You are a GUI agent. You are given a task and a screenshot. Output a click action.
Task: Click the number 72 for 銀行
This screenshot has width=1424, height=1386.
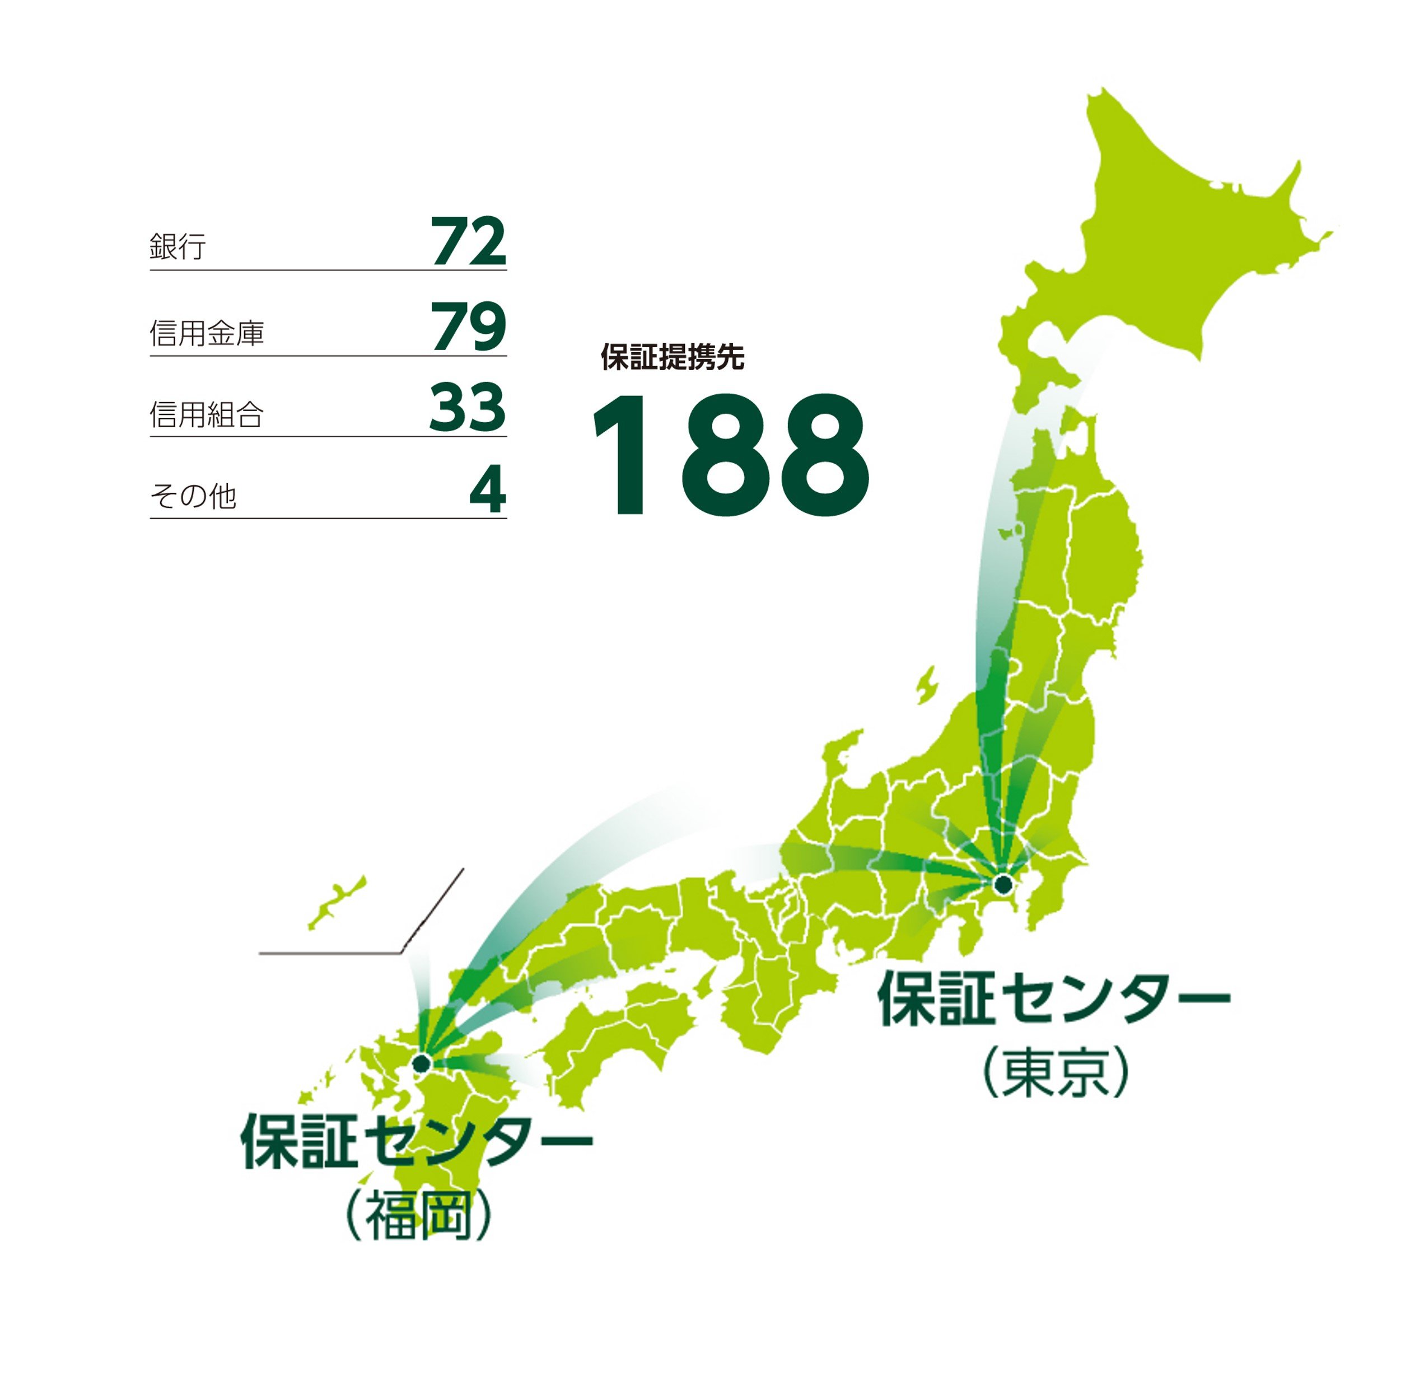(468, 242)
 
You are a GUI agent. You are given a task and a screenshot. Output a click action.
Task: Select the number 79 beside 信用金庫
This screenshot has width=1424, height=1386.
(468, 327)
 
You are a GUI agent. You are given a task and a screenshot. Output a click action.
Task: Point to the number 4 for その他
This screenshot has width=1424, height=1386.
(487, 491)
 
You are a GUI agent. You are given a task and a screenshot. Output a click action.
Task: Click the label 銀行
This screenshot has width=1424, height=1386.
(178, 247)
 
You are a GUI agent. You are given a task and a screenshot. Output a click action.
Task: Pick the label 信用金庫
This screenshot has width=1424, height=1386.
(207, 333)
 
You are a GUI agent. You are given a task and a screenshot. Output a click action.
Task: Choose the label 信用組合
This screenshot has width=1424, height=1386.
(207, 415)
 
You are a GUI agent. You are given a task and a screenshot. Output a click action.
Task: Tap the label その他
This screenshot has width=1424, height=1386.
(193, 497)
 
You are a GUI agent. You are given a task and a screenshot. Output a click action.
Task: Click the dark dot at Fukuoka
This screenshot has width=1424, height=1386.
(421, 1063)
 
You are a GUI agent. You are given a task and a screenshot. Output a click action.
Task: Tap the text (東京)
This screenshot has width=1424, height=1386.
(1056, 1072)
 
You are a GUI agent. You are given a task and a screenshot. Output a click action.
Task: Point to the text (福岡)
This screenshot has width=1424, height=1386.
(419, 1215)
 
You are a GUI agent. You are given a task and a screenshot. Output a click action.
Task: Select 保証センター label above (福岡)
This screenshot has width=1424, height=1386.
(417, 1141)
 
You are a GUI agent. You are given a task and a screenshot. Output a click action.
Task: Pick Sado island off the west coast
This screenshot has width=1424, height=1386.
(926, 685)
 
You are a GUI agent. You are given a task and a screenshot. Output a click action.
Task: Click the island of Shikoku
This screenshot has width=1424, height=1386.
(619, 1026)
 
